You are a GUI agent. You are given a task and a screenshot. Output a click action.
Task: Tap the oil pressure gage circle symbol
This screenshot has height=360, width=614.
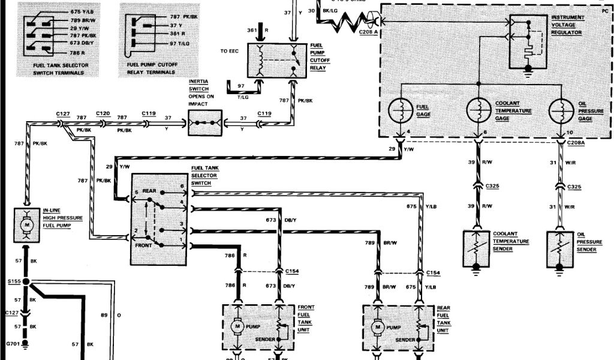click(562, 112)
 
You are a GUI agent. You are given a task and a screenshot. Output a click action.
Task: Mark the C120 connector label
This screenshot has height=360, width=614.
click(103, 112)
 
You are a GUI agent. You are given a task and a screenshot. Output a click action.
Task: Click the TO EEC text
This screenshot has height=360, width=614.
click(229, 52)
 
